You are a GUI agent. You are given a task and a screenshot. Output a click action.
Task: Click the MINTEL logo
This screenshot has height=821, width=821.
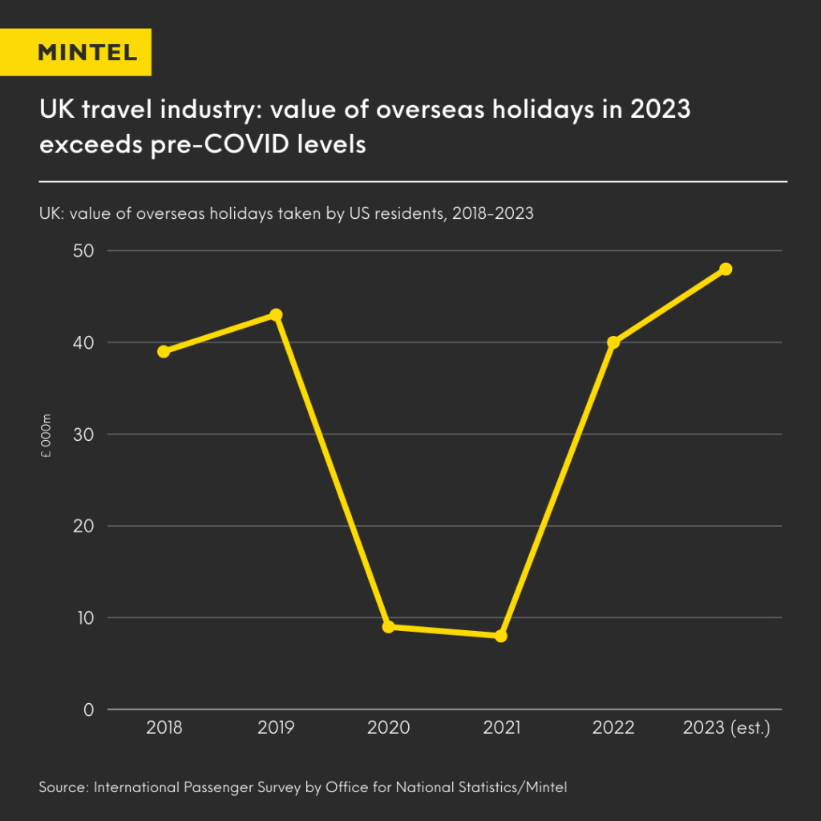point(88,53)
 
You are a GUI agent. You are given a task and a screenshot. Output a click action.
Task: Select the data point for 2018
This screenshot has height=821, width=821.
point(164,351)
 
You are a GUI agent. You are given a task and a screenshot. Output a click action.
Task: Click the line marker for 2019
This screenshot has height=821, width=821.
point(276,314)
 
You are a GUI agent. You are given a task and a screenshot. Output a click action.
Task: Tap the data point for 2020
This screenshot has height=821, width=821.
point(388,626)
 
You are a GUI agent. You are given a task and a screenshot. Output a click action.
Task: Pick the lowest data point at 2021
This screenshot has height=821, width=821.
point(501,636)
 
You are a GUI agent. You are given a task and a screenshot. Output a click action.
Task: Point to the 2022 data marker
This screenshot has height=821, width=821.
point(613,342)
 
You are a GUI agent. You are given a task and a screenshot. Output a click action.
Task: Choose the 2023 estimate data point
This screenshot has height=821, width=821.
point(726,269)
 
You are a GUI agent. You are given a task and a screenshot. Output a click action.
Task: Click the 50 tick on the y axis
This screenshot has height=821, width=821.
point(83,251)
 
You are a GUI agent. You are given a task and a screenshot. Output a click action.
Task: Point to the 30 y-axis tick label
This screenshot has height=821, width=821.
point(83,435)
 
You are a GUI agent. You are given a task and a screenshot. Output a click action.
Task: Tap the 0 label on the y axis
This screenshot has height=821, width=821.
point(88,710)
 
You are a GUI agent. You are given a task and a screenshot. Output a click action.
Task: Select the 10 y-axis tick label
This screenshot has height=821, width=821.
point(83,618)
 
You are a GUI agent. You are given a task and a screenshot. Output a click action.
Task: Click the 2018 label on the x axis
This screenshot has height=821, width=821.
point(164,728)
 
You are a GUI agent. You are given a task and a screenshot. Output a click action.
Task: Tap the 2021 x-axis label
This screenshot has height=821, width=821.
point(501,728)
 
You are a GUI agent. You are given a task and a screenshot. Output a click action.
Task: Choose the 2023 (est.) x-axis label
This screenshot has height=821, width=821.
point(726,728)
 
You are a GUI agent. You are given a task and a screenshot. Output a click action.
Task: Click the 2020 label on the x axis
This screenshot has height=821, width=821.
point(388,728)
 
